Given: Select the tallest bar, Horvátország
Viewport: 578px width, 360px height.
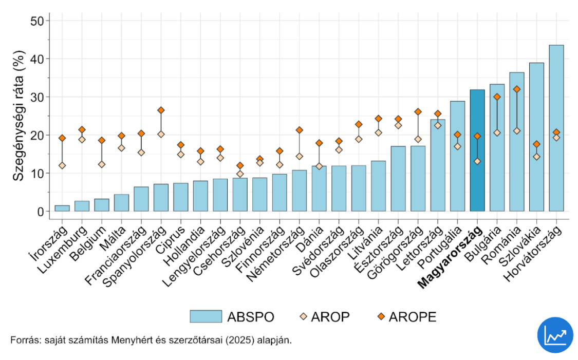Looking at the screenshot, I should pos(556,128).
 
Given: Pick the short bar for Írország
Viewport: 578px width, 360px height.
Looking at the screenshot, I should pos(62,208).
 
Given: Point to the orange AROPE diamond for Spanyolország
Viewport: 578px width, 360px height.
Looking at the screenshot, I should pos(161,110).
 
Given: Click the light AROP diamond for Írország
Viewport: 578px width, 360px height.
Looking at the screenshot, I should pos(62,165).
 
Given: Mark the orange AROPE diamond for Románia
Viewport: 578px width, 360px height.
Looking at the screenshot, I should pos(517,89).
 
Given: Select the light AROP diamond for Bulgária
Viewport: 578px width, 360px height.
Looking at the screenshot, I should pos(497,132).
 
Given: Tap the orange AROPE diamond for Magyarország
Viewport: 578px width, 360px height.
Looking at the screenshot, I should pos(477,136).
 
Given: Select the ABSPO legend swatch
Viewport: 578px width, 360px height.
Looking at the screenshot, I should pos(206,316).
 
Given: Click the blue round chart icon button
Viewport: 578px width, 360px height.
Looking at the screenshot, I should pos(554,335).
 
